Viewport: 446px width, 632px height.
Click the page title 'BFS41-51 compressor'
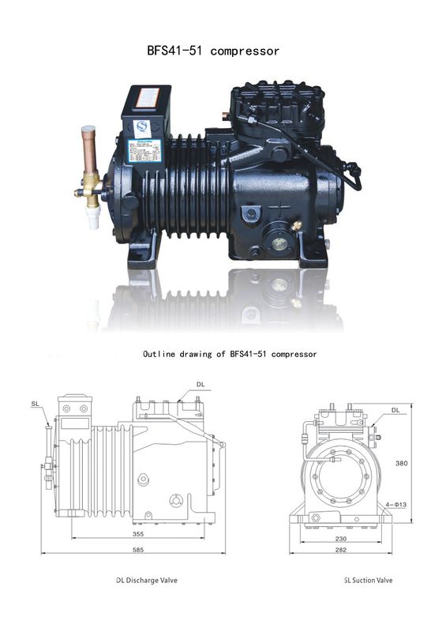pyautogui.click(x=213, y=51)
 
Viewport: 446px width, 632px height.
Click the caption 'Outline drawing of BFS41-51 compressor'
pyautogui.click(x=230, y=354)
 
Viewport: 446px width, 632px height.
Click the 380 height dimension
pyautogui.click(x=401, y=464)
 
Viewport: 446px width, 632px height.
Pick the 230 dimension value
pyautogui.click(x=340, y=539)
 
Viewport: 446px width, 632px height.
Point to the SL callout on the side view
pyautogui.click(x=36, y=404)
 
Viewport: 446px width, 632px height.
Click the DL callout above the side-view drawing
pyautogui.click(x=201, y=385)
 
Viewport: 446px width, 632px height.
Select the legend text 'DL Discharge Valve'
pyautogui.click(x=147, y=581)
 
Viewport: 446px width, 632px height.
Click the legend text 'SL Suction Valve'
pyautogui.click(x=368, y=581)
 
